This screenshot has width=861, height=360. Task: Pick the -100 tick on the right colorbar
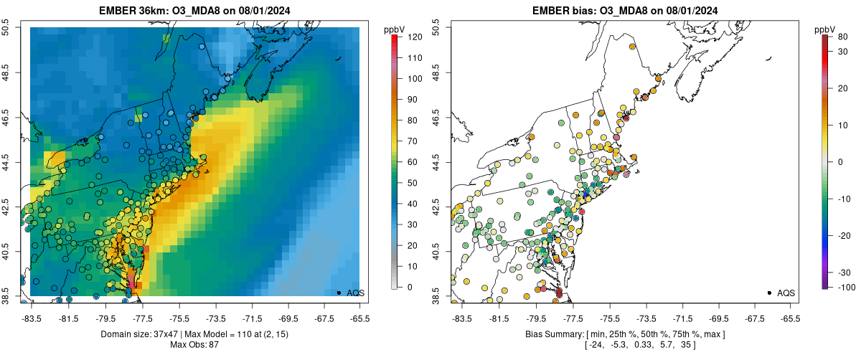coord(844,287)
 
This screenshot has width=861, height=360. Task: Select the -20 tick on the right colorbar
coord(843,235)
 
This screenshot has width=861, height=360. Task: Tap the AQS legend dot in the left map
coord(339,293)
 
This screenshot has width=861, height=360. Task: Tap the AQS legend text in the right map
coord(786,293)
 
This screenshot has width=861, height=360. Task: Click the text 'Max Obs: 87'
coord(194,345)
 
